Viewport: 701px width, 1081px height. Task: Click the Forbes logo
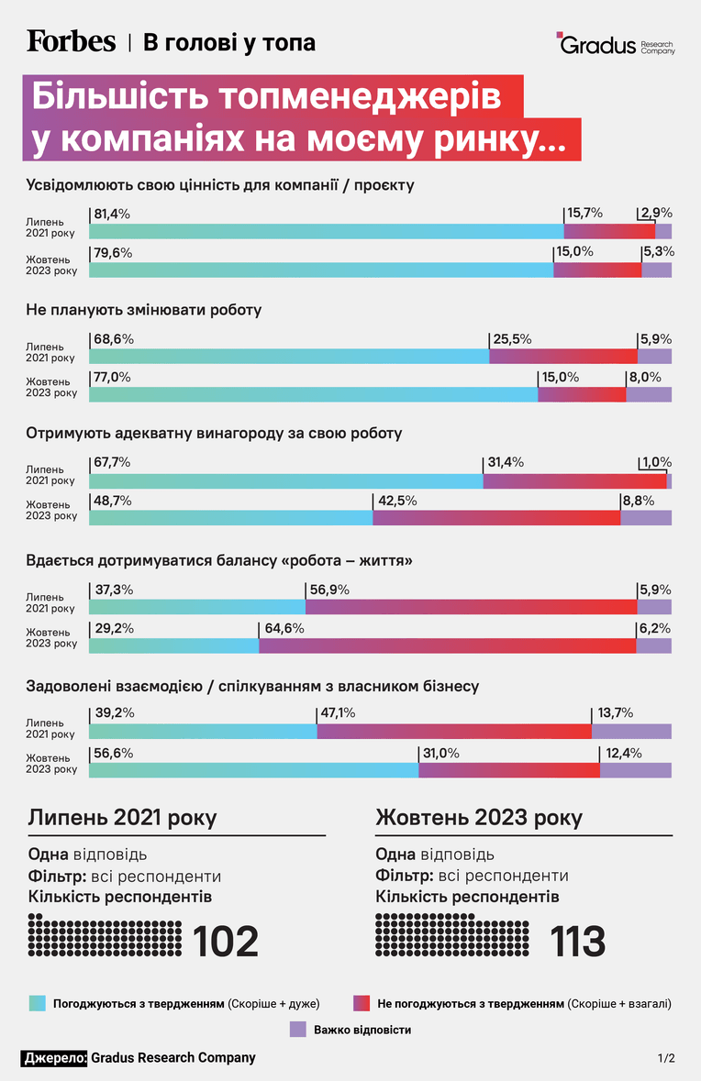point(71,41)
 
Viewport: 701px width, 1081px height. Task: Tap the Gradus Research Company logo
point(616,43)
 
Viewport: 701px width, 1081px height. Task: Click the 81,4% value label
point(112,214)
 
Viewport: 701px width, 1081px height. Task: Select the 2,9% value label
point(656,213)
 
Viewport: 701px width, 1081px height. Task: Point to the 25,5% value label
point(512,339)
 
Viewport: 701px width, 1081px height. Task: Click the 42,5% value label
point(396,501)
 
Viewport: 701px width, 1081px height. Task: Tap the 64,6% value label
point(284,628)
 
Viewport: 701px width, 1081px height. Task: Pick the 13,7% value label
point(614,712)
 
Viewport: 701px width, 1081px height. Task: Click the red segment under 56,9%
point(472,607)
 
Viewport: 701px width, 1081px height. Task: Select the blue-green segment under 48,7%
point(231,518)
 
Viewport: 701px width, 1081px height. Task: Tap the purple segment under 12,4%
point(636,770)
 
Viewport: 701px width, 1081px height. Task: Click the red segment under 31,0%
point(509,770)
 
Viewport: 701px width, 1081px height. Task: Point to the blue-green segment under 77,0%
point(313,394)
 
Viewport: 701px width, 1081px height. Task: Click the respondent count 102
point(226,941)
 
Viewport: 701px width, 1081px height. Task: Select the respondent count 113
point(577,941)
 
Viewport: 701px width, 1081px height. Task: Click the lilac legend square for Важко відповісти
point(297,1030)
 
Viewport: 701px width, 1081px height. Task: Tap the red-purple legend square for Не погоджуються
point(362,1003)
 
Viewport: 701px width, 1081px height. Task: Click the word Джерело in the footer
point(54,1057)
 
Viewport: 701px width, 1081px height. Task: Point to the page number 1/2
point(666,1057)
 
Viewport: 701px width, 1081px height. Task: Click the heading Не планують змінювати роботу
point(143,310)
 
